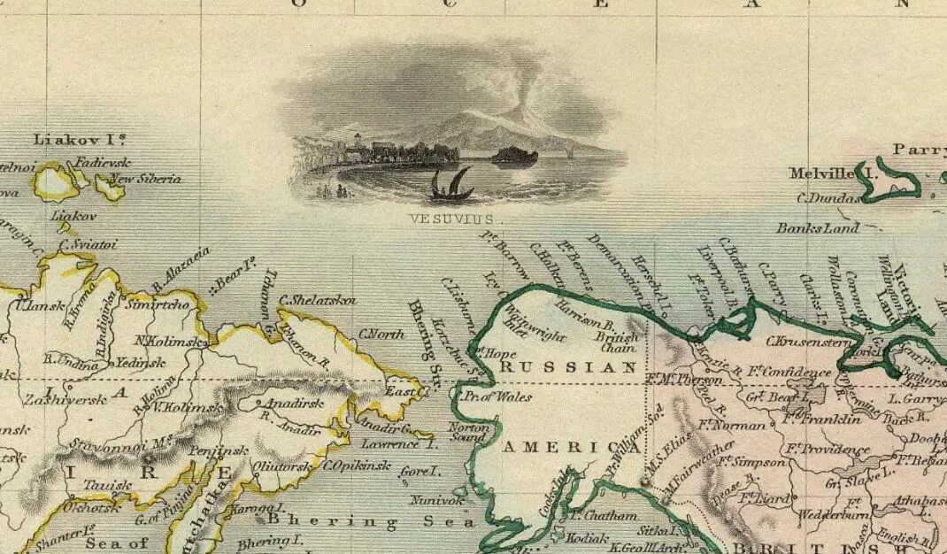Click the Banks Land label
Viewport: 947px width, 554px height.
pyautogui.click(x=818, y=228)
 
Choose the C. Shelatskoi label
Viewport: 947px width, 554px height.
pyautogui.click(x=319, y=300)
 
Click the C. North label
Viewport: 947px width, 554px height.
pyautogui.click(x=381, y=335)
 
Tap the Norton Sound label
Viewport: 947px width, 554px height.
pyautogui.click(x=469, y=432)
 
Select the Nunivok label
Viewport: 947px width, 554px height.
pyautogui.click(x=436, y=501)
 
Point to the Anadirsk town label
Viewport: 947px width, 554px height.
pyautogui.click(x=287, y=404)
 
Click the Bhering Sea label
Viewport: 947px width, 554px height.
pyautogui.click(x=360, y=521)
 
